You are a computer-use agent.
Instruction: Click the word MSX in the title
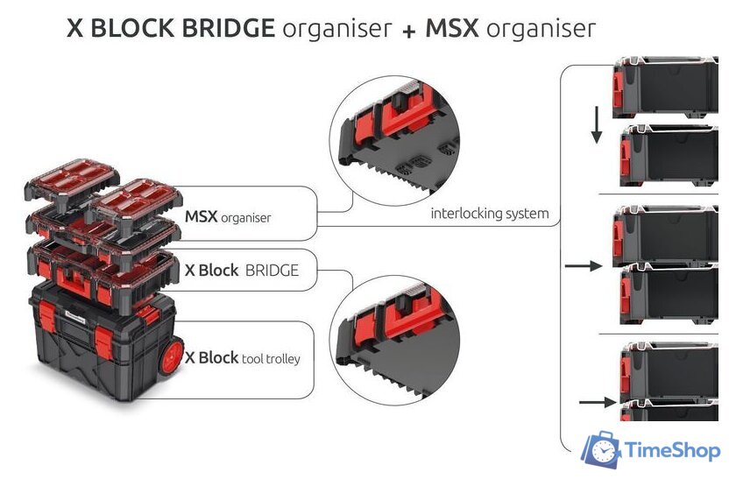tap(452, 28)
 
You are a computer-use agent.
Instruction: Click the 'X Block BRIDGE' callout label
tap(242, 271)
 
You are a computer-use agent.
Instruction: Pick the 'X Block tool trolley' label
tap(248, 358)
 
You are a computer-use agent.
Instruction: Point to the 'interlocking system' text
tap(490, 214)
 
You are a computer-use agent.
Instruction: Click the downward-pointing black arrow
tap(596, 125)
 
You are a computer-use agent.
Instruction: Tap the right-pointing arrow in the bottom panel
tap(596, 402)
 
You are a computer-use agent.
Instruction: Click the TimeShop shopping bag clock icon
tap(605, 450)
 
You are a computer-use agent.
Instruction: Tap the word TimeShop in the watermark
tap(673, 451)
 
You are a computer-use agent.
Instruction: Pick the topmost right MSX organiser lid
tap(136, 197)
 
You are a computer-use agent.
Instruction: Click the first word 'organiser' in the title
tap(336, 29)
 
